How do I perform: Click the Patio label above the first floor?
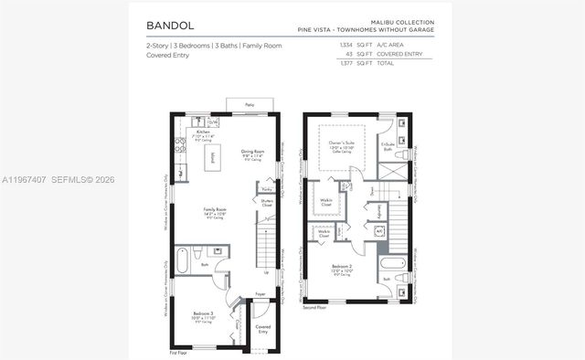click(250, 105)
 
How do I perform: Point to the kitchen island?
click(213, 157)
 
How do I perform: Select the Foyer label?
click(261, 294)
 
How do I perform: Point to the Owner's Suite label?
click(341, 143)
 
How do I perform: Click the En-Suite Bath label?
click(387, 146)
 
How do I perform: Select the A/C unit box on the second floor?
click(379, 231)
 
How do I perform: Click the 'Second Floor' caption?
click(314, 308)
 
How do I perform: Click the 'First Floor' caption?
click(178, 352)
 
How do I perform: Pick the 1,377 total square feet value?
click(346, 64)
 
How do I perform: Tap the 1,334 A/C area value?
click(346, 44)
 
